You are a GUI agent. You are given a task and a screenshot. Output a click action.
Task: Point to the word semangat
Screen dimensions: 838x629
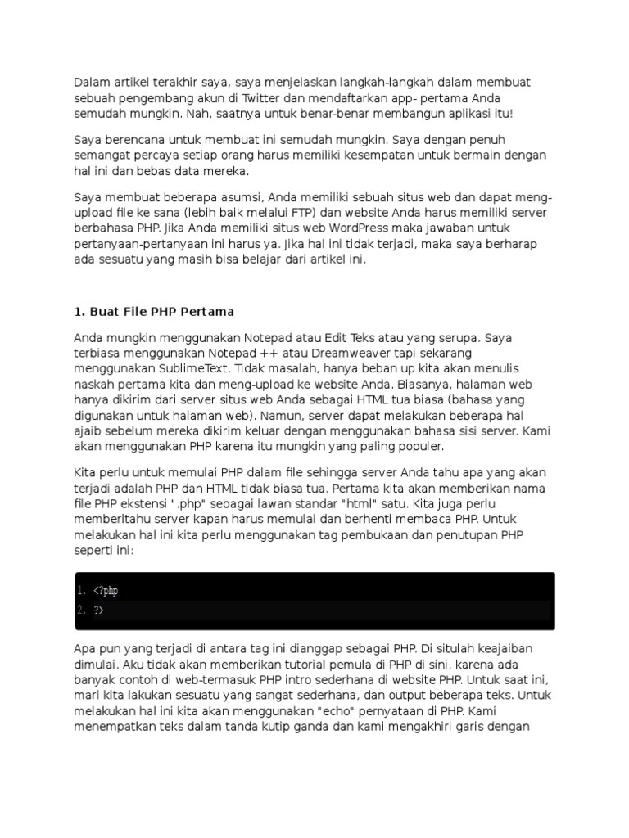click(102, 155)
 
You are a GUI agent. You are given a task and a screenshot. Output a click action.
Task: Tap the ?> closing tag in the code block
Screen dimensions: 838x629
click(98, 610)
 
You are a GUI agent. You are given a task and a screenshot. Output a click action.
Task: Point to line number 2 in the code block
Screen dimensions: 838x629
click(80, 610)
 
